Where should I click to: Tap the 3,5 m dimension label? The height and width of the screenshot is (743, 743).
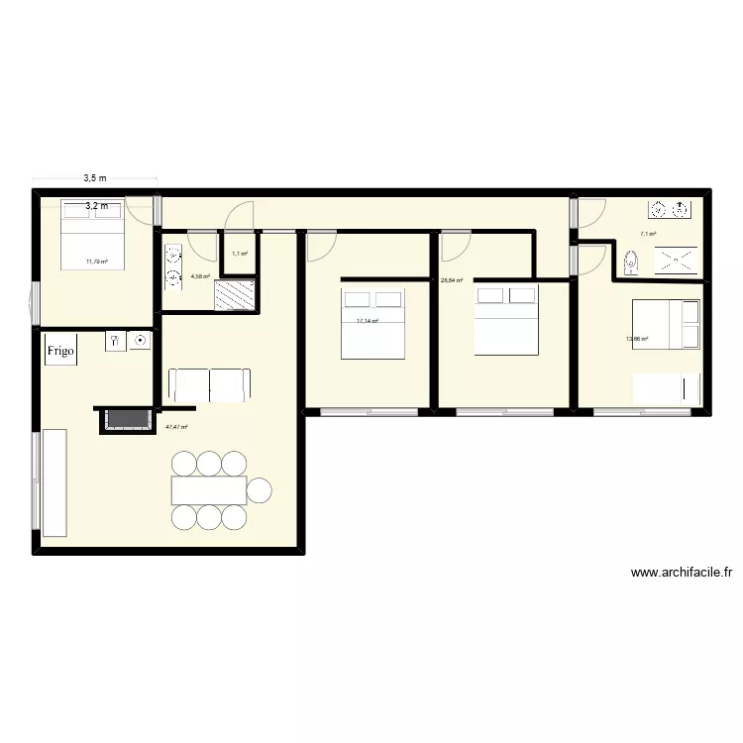click(95, 178)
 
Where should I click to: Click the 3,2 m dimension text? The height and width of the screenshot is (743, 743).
click(96, 206)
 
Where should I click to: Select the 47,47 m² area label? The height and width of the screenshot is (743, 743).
click(176, 427)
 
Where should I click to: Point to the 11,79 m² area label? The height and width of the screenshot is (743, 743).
click(97, 262)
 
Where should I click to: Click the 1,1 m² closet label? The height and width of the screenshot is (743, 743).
click(239, 254)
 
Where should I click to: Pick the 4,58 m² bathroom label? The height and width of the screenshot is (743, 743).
click(200, 276)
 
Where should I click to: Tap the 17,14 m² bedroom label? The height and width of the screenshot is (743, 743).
click(368, 321)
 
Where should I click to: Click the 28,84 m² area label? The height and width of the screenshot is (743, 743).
click(452, 280)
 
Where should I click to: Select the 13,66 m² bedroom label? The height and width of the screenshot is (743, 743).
click(636, 339)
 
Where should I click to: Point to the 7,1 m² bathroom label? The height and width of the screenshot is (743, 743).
click(648, 234)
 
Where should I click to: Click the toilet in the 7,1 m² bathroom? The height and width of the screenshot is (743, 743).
click(632, 263)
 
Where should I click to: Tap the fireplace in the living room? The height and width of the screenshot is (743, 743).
click(125, 419)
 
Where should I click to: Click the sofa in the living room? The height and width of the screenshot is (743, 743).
click(209, 383)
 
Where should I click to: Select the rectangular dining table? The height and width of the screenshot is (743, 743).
click(209, 489)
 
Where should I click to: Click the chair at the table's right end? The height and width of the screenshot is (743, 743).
click(260, 489)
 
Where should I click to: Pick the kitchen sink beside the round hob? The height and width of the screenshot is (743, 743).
click(115, 341)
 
